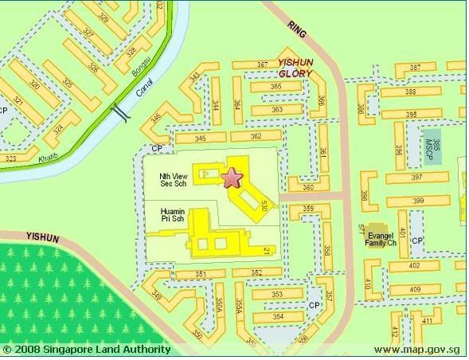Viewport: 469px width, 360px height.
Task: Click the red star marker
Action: click(x=232, y=178)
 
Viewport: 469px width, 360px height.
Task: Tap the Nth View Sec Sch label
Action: click(x=166, y=178)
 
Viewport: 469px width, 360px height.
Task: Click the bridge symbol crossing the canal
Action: click(x=119, y=112)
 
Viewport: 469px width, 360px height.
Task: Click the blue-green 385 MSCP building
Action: click(x=433, y=142)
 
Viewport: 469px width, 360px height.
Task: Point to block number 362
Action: click(x=256, y=137)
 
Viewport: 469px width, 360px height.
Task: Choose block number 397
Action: click(x=416, y=177)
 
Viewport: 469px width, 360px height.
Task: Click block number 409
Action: click(x=414, y=289)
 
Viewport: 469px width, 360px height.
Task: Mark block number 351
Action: click(x=200, y=275)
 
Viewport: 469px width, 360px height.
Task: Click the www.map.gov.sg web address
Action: click(x=419, y=350)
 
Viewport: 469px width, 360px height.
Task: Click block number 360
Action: click(x=307, y=188)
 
